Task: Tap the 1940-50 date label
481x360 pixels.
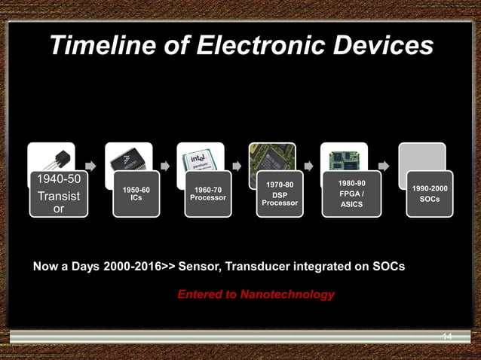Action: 58,181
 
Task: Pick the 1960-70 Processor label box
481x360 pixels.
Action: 207,194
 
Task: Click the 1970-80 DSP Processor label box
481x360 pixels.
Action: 280,197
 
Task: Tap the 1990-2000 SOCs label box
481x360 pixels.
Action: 429,194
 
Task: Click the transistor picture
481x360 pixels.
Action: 51,157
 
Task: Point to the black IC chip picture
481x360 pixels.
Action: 129,157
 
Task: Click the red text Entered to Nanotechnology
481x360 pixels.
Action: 256,294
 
